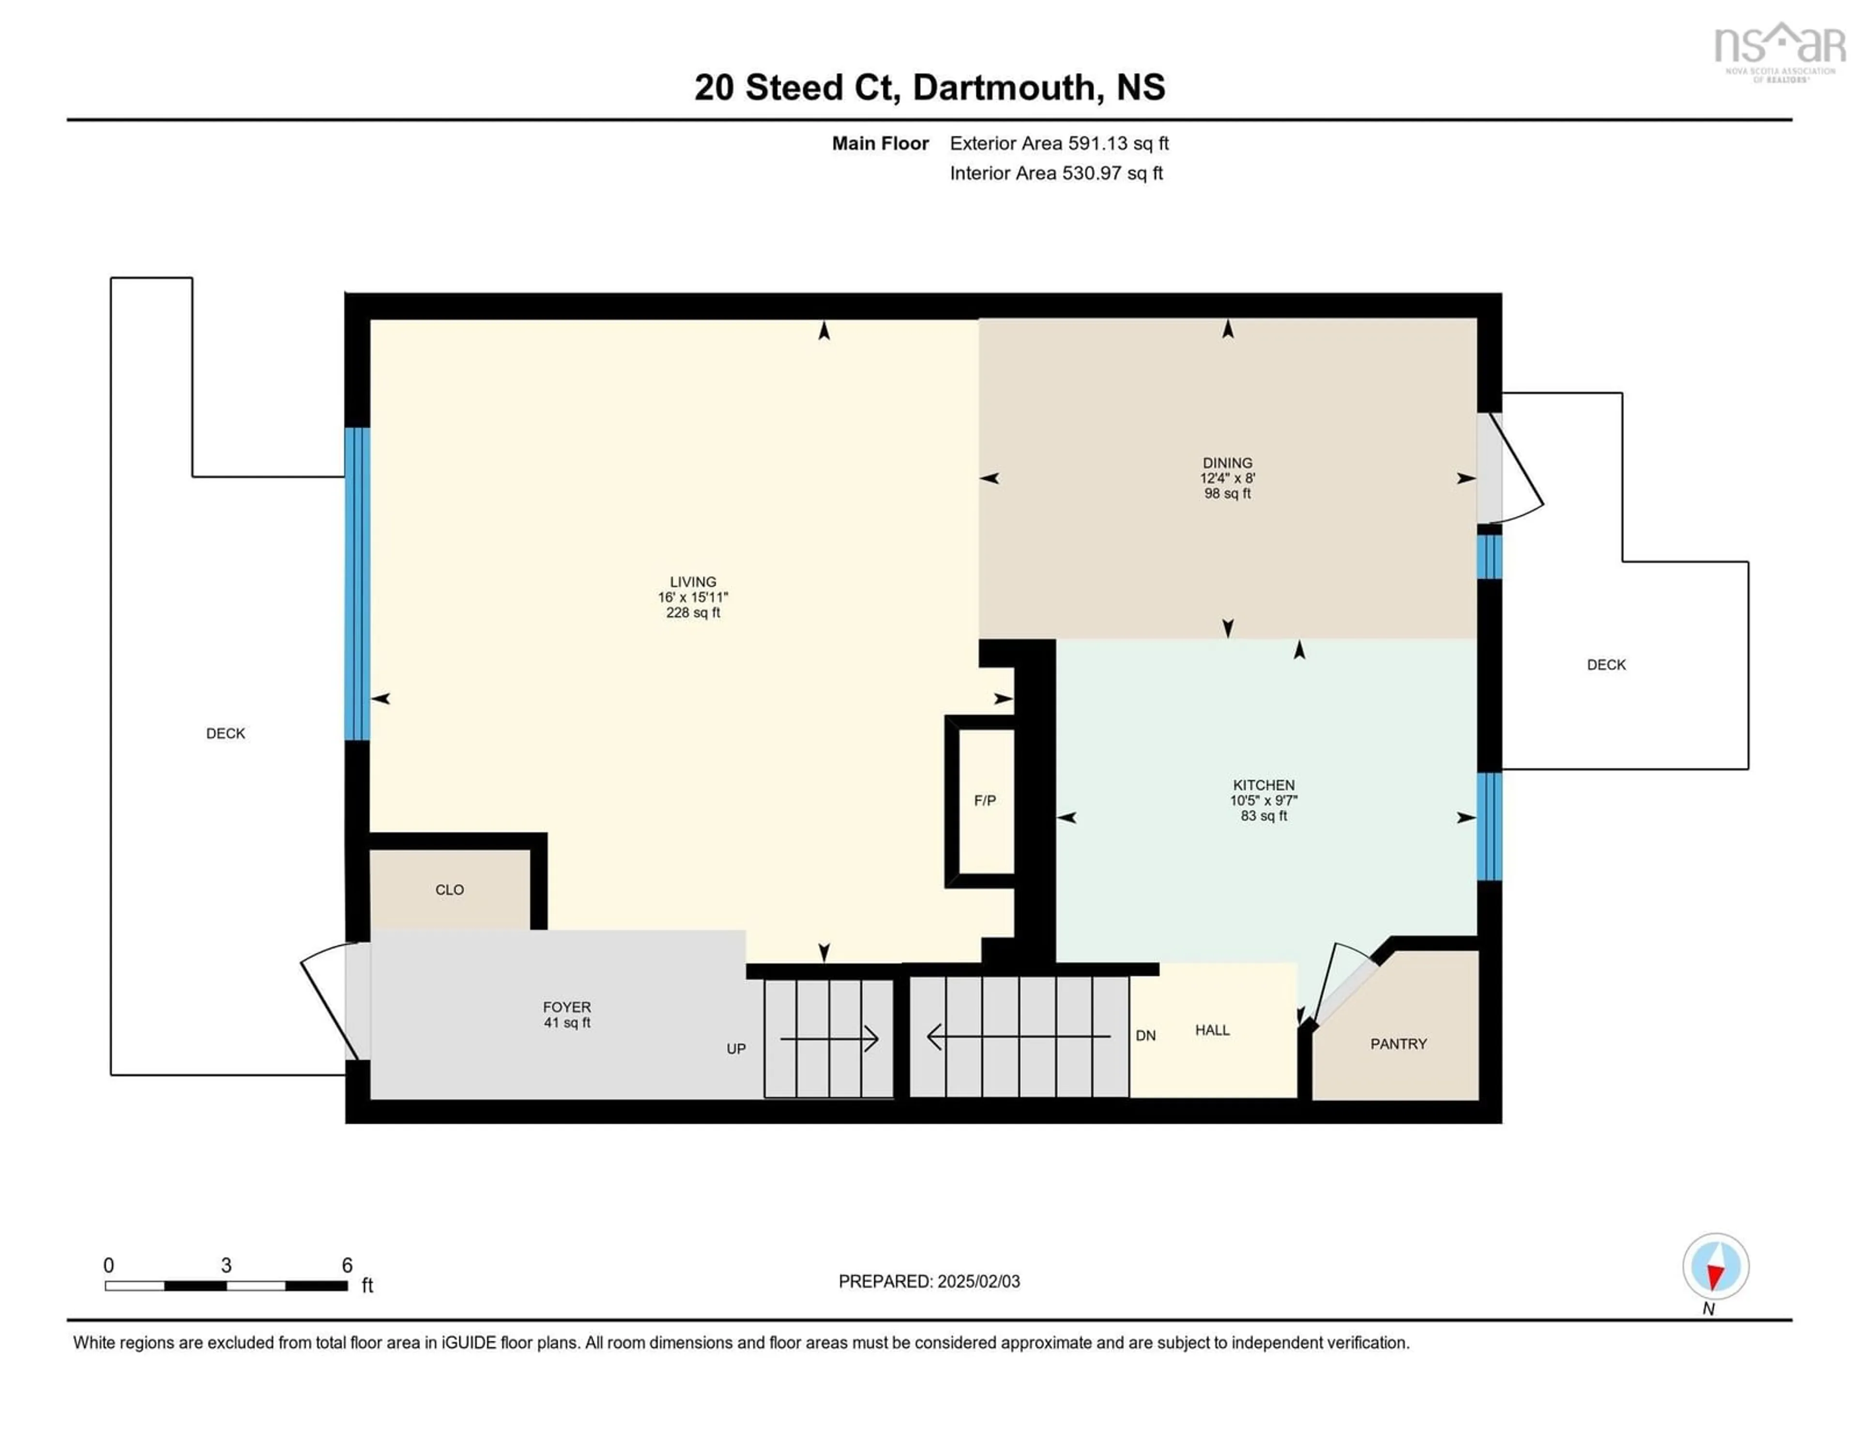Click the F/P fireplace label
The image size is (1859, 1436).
point(985,800)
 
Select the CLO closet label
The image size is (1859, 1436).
point(449,889)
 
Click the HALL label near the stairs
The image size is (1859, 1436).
point(1212,1030)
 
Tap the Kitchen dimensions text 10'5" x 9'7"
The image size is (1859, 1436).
point(1263,800)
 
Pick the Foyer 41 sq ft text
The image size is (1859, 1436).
point(567,1023)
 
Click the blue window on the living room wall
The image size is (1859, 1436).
point(357,583)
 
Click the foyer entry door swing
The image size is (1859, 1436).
point(328,1000)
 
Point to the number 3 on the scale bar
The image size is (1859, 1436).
point(226,1265)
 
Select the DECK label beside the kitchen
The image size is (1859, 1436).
point(1606,665)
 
